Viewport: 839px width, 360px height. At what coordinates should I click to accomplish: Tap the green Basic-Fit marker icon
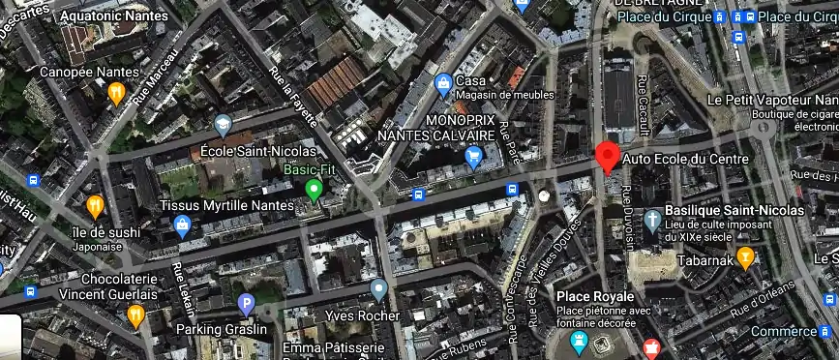click(313, 189)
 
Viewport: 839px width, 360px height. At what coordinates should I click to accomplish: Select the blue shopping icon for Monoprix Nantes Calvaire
click(474, 156)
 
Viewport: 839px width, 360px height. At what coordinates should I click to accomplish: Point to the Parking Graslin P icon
click(246, 304)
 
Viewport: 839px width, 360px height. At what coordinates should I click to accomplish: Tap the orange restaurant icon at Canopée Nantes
click(116, 93)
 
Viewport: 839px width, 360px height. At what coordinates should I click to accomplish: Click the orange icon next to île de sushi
click(95, 205)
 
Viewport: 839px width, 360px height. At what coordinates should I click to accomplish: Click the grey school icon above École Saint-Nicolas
click(224, 125)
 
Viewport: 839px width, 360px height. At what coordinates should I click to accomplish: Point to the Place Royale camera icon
click(579, 340)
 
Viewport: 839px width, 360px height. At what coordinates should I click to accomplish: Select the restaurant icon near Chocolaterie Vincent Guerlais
click(135, 315)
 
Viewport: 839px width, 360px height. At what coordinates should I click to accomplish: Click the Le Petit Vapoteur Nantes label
click(772, 100)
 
